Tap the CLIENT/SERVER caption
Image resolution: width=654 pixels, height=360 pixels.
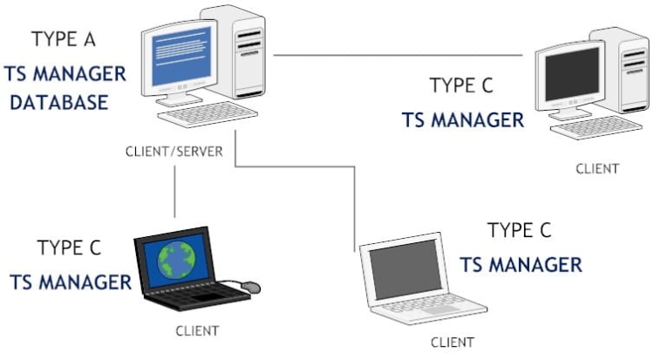tap(173, 151)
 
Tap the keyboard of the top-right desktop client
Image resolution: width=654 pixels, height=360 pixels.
tap(589, 129)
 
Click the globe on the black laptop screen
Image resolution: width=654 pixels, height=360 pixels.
tap(178, 258)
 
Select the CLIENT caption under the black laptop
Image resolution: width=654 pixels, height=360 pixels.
tap(197, 330)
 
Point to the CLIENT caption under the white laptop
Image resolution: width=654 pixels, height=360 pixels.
tap(453, 342)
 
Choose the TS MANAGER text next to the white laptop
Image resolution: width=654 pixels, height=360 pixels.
tap(521, 264)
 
